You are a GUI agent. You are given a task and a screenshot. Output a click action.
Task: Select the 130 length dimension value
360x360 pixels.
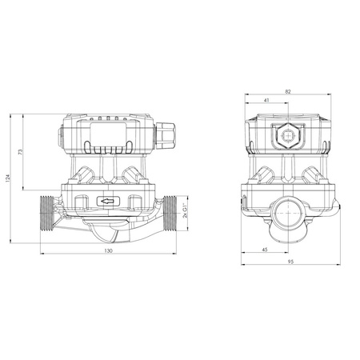click(108, 251)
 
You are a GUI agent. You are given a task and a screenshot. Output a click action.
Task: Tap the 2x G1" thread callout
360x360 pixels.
click(186, 207)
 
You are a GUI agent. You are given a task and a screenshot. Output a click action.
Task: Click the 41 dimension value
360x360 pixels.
click(265, 102)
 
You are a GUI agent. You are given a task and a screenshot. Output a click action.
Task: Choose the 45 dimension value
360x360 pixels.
click(266, 250)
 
